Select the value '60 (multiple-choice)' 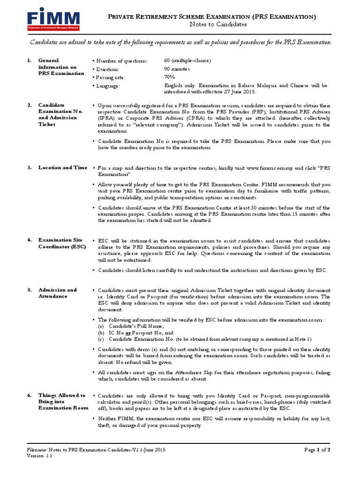[187, 61]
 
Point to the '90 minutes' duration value [177, 69]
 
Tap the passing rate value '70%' [169, 77]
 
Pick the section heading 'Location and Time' [62, 167]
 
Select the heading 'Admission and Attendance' [57, 293]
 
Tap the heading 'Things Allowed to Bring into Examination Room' [63, 401]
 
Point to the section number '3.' [29, 167]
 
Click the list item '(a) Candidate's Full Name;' [131, 326]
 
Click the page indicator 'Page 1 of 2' [317, 450]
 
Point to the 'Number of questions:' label [120, 61]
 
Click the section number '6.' [29, 395]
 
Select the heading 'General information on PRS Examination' [61, 67]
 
